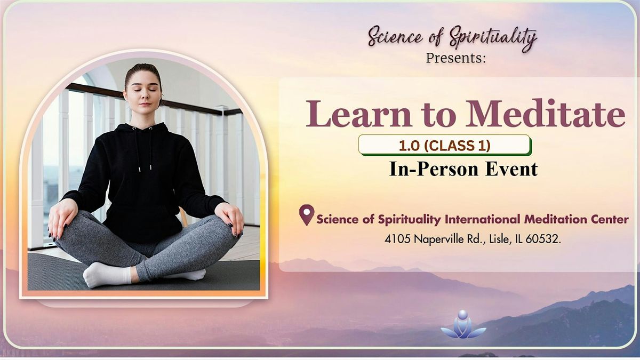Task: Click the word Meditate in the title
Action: coord(545,113)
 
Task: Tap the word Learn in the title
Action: coord(358,113)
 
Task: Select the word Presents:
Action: coord(455,58)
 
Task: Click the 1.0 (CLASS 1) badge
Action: coord(445,145)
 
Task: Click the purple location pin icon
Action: coord(307,215)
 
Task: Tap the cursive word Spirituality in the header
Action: coord(493,38)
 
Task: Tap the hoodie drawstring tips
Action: coord(145,169)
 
